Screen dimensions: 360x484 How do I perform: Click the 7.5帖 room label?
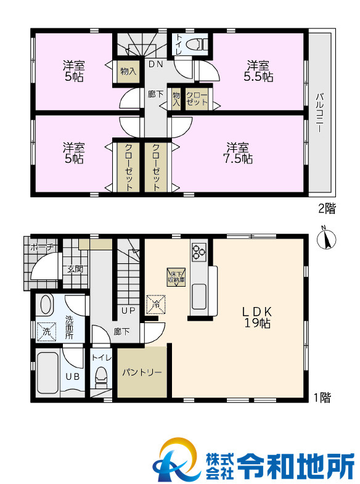pyautogui.click(x=237, y=153)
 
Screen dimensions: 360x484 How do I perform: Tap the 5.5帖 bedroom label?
pyautogui.click(x=258, y=72)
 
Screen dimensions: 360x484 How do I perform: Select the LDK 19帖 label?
pyautogui.click(x=257, y=318)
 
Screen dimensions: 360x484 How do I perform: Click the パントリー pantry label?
pyautogui.click(x=142, y=372)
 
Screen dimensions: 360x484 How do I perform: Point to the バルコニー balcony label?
pyautogui.click(x=319, y=113)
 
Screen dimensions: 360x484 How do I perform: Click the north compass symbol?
pyautogui.click(x=326, y=238)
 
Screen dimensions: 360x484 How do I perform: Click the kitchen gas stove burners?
pyautogui.click(x=198, y=252)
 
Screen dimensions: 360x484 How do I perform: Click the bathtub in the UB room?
pyautogui.click(x=47, y=373)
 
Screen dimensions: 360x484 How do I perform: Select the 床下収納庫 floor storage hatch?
pyautogui.click(x=176, y=277)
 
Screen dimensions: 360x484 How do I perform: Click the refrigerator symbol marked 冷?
pyautogui.click(x=156, y=305)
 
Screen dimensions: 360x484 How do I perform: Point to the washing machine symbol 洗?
pyautogui.click(x=47, y=332)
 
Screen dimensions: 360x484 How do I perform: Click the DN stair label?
pyautogui.click(x=155, y=64)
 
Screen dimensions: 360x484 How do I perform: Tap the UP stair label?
pyautogui.click(x=128, y=311)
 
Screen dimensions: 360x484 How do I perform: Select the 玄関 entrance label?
pyautogui.click(x=75, y=269)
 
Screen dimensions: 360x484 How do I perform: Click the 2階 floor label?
pyautogui.click(x=327, y=208)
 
